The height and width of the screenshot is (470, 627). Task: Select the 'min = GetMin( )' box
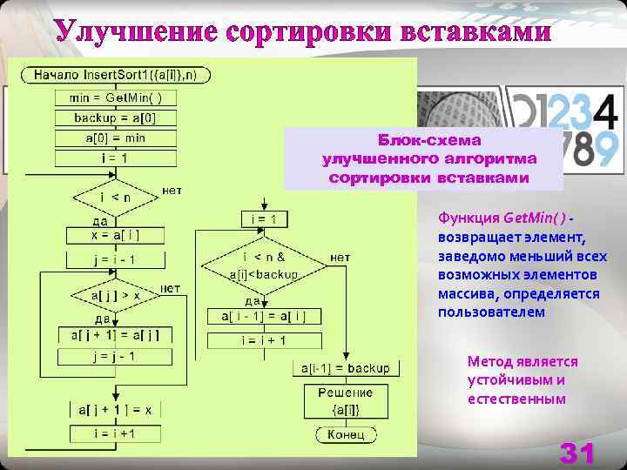pos(116,97)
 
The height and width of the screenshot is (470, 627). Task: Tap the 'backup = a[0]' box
pos(116,117)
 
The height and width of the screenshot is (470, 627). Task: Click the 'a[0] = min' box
pos(116,138)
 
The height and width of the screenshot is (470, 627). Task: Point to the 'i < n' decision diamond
pos(116,198)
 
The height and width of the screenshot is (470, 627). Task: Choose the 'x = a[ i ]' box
pos(116,235)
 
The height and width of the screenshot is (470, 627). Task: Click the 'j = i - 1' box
pos(116,259)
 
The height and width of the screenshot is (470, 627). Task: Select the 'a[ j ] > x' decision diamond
pos(116,296)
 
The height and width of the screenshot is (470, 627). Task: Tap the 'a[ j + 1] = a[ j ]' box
pos(116,335)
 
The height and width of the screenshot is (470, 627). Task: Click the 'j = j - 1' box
pos(116,357)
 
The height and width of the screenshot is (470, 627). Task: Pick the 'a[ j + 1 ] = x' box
pos(116,409)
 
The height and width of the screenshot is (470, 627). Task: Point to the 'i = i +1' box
pos(116,433)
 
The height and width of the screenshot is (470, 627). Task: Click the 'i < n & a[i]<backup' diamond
pos(264,265)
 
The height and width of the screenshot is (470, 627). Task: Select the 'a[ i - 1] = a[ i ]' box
pos(264,316)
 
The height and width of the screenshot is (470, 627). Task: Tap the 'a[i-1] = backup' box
pos(346,368)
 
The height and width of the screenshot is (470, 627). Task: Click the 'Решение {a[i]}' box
pos(346,401)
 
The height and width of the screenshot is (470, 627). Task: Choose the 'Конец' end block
pos(346,434)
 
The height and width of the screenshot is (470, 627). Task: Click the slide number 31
pos(577,453)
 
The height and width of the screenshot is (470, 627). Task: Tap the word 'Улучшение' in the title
pos(134,32)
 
